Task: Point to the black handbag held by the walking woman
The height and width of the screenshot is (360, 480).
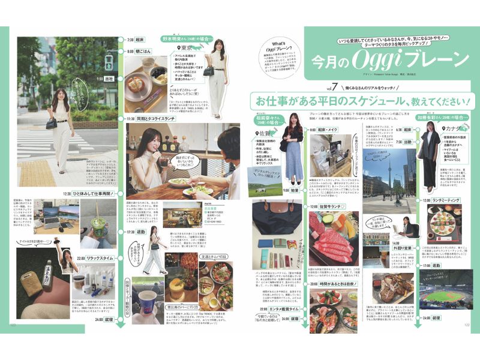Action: (52, 122)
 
